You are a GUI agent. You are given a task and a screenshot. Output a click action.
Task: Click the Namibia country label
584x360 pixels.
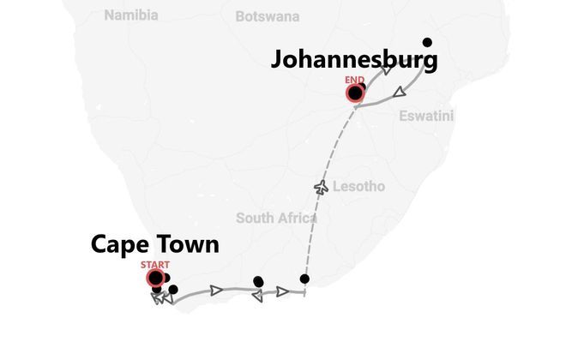pyautogui.click(x=131, y=15)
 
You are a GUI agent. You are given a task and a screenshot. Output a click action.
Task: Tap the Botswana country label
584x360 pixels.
pyautogui.click(x=268, y=15)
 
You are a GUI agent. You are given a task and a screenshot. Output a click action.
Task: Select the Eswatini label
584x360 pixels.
pyautogui.click(x=426, y=116)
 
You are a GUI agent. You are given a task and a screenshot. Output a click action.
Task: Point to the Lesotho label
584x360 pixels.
pyautogui.click(x=358, y=186)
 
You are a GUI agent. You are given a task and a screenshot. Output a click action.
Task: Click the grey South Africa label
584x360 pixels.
pyautogui.click(x=276, y=218)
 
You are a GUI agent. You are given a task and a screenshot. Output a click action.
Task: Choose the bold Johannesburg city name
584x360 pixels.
pyautogui.click(x=354, y=60)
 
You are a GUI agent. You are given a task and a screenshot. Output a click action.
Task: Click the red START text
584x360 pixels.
pyautogui.click(x=156, y=265)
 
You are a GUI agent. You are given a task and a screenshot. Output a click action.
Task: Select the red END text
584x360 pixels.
pyautogui.click(x=354, y=80)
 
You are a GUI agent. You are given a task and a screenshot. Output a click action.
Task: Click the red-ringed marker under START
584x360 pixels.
pyautogui.click(x=156, y=278)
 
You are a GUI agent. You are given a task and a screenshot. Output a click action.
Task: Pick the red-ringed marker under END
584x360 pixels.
pyautogui.click(x=354, y=93)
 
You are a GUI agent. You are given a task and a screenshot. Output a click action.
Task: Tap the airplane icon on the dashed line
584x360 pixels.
pyautogui.click(x=322, y=186)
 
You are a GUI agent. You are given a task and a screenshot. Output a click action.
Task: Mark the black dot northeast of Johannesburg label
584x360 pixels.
pyautogui.click(x=427, y=42)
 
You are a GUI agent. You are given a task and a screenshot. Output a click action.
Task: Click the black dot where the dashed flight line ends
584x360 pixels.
pyautogui.click(x=304, y=279)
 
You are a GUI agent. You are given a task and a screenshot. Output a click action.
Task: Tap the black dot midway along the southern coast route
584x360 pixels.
pyautogui.click(x=258, y=281)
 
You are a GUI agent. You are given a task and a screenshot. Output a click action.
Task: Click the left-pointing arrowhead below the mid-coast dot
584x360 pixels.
pyautogui.click(x=256, y=296)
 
